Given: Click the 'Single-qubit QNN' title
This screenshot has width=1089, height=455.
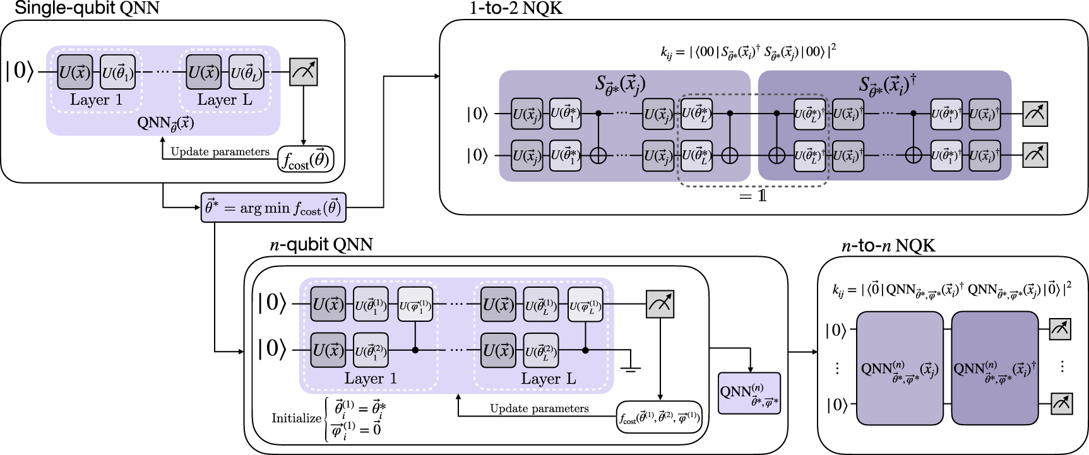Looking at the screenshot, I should [87, 8].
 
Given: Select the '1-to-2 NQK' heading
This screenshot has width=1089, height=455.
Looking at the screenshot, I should [515, 8].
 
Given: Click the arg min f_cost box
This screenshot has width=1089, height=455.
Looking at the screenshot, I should [273, 207].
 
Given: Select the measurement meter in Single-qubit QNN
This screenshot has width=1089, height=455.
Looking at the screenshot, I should [304, 72].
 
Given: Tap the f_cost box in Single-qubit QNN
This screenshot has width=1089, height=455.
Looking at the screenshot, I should [306, 159].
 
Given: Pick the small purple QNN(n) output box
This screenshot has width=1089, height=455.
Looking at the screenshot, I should [749, 393].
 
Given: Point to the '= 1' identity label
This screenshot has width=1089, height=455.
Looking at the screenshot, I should [753, 196].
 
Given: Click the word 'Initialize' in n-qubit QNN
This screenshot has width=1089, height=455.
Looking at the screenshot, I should [296, 418].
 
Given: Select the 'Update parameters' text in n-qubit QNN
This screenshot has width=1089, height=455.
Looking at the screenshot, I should [539, 408].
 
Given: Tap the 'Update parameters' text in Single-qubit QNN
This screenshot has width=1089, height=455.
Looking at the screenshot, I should [220, 151].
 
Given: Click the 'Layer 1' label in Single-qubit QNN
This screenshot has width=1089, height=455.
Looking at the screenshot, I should [96, 100].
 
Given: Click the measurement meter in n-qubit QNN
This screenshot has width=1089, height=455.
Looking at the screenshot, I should [660, 304].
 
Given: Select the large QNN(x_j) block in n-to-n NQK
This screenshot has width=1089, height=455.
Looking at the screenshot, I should [900, 368].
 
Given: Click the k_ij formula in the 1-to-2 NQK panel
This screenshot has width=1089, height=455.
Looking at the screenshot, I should [748, 51].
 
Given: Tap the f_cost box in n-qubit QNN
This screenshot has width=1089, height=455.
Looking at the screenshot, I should [658, 417].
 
